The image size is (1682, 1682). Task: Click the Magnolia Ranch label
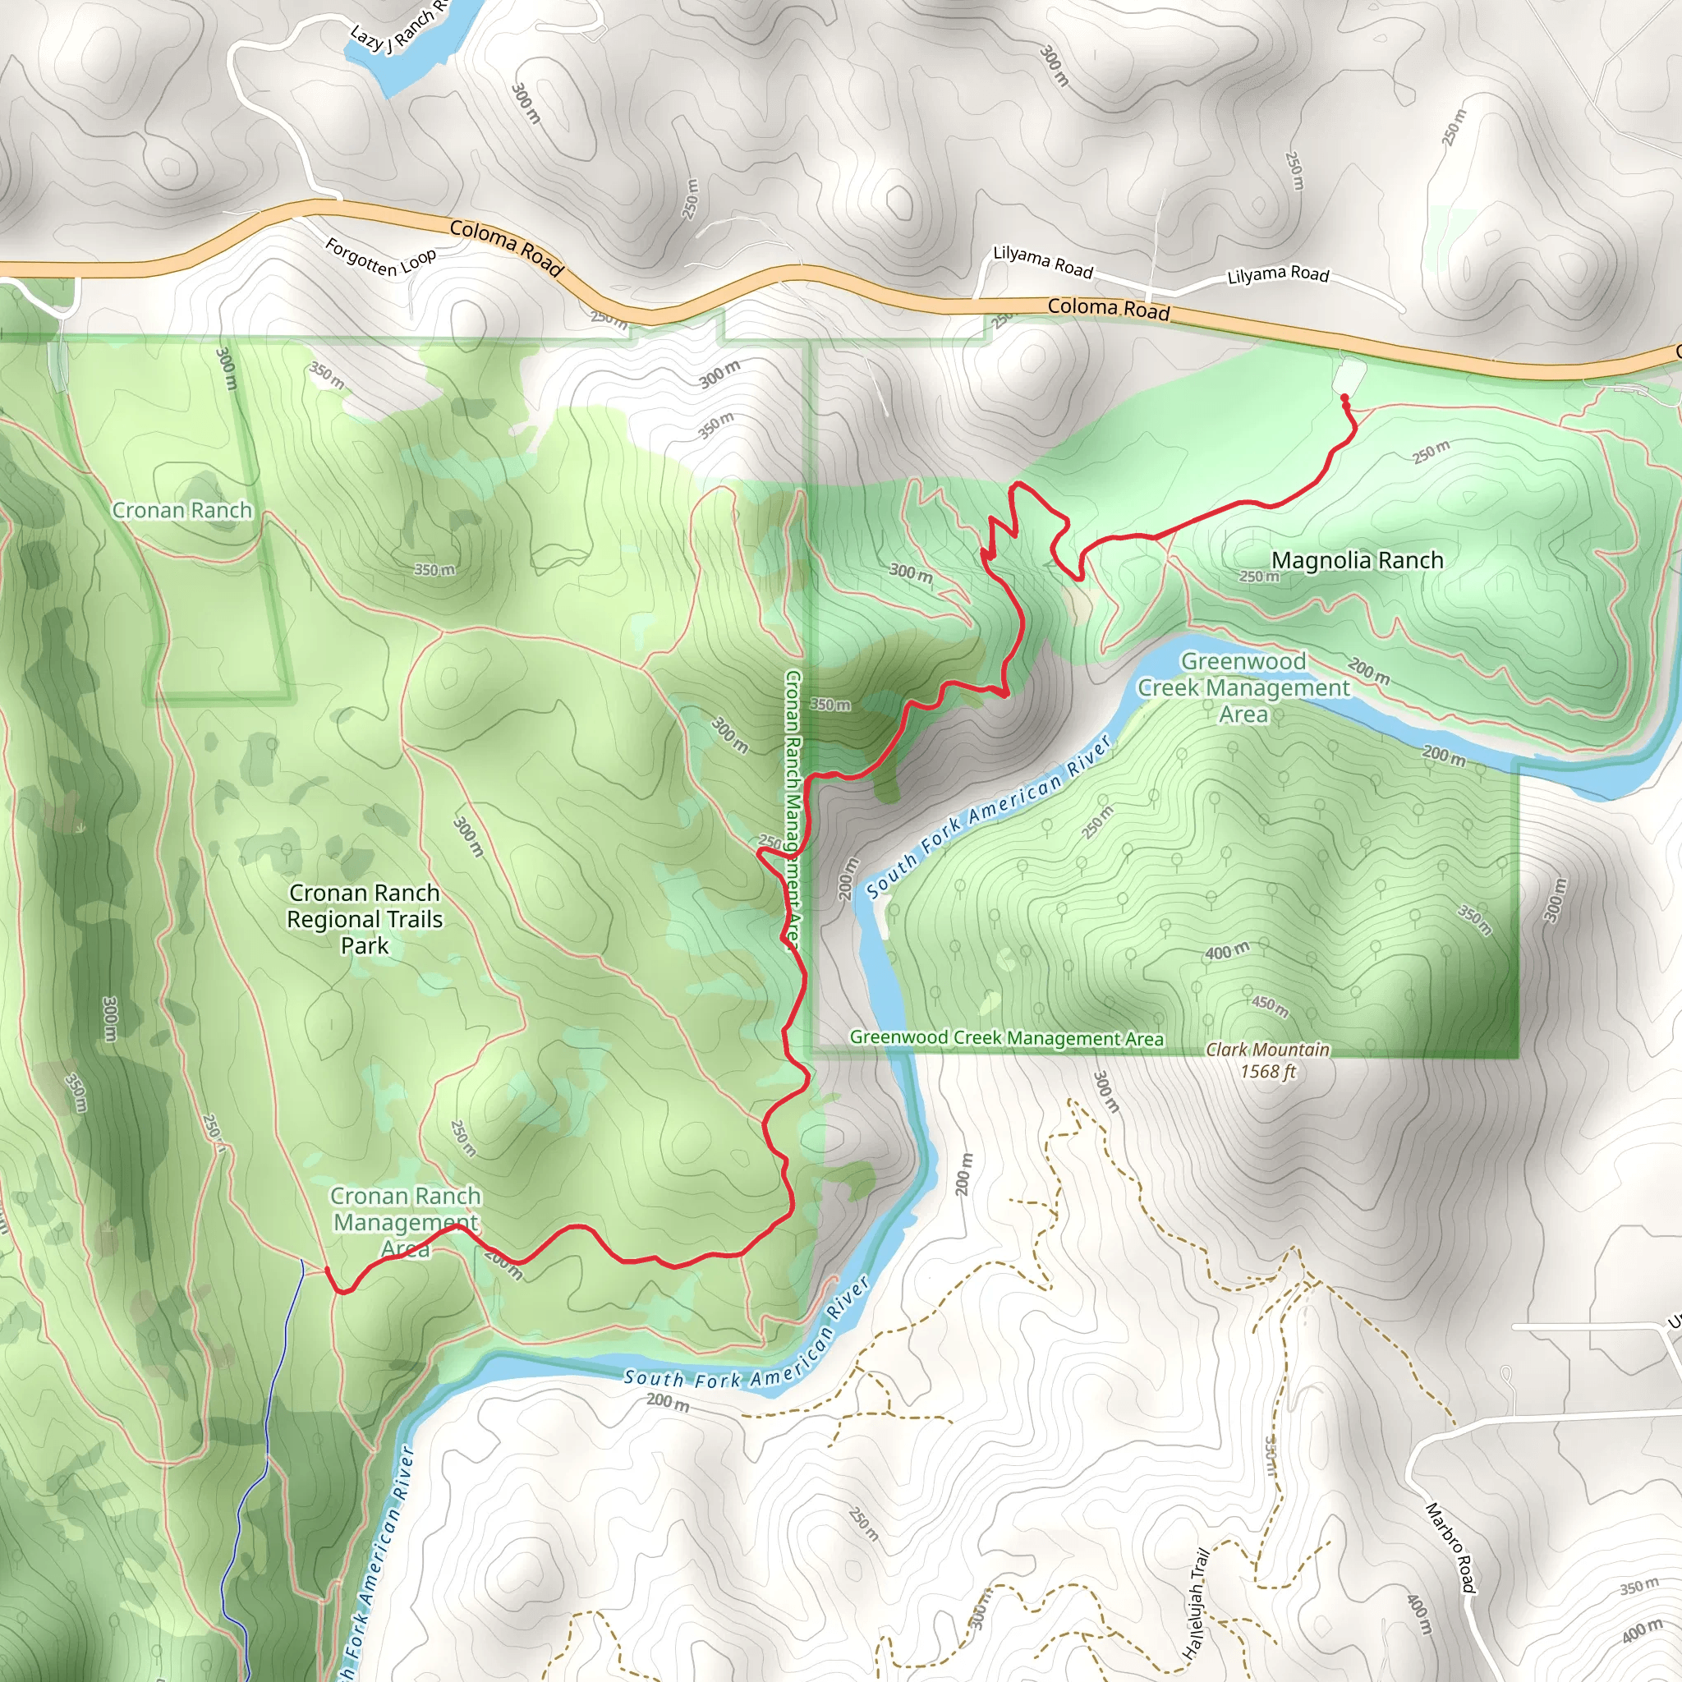[x=1357, y=561]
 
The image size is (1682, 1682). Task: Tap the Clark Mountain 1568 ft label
[x=1267, y=1060]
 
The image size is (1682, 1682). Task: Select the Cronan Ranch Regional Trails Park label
[x=365, y=919]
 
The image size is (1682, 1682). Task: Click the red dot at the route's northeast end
[x=1344, y=398]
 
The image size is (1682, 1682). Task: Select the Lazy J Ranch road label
[x=397, y=26]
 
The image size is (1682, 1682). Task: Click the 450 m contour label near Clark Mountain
[x=1271, y=1005]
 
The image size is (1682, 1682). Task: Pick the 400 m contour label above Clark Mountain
[x=1227, y=952]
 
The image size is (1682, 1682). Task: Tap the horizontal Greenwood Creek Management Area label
[x=1006, y=1038]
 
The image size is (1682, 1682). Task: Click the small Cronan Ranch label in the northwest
[x=182, y=510]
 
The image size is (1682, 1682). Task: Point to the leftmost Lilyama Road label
[x=1043, y=261]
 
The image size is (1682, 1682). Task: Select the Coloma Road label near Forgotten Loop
[x=507, y=247]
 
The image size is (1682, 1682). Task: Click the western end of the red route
[x=328, y=1271]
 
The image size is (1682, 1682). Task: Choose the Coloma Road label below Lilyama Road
[x=1107, y=308]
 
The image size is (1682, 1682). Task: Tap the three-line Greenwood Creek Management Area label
[x=1243, y=687]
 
